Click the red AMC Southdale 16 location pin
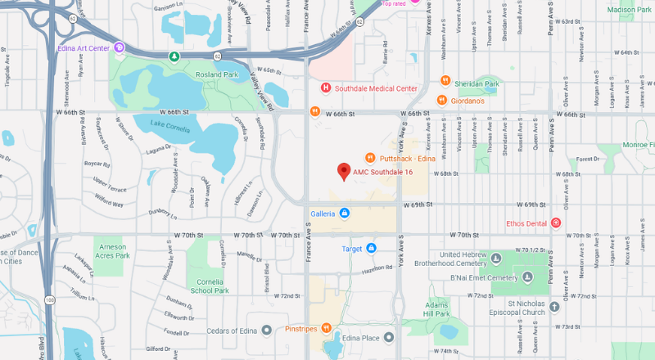344,171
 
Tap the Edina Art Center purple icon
120,48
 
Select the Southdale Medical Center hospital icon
325,88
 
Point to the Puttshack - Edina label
407,158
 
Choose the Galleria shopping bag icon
344,214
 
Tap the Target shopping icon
371,248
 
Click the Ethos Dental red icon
556,223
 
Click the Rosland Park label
216,75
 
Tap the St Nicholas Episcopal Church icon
555,307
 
